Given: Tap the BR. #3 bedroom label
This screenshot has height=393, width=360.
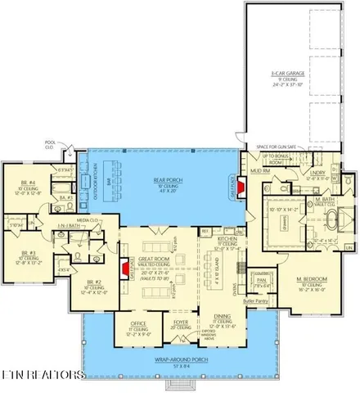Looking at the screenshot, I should coord(29,253).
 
